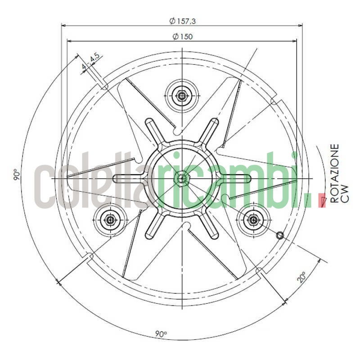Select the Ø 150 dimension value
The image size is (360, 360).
pyautogui.click(x=182, y=36)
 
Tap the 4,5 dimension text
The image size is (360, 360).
pyautogui.click(x=94, y=58)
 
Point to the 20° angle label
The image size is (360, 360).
pyautogui.click(x=301, y=276)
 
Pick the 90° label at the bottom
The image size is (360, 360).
pyautogui.click(x=161, y=334)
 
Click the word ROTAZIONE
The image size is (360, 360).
pyautogui.click(x=334, y=174)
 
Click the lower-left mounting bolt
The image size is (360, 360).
pyautogui.click(x=110, y=220)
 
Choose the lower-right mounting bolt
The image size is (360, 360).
pyautogui.click(x=253, y=220)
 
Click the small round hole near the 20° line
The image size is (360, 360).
pyautogui.click(x=279, y=235)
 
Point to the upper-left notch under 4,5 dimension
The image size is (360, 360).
pyautogui.click(x=104, y=85)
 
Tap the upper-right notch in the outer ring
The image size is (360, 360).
pyautogui.click(x=273, y=101)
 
